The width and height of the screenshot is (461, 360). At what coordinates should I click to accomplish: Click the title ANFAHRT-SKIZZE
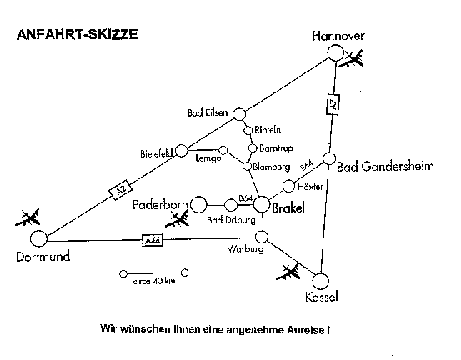tap(78, 34)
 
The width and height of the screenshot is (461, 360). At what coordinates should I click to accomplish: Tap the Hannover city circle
tap(335, 53)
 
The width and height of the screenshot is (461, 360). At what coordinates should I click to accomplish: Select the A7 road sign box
tap(333, 104)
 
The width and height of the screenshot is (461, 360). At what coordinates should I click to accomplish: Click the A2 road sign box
tap(121, 189)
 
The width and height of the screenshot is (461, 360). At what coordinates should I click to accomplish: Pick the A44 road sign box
tap(152, 241)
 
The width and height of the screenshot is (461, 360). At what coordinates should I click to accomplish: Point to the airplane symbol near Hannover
tap(352, 59)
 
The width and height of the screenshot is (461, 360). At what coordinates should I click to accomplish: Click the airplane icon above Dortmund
tap(28, 217)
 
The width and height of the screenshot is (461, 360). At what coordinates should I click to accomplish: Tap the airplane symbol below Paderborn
tap(177, 220)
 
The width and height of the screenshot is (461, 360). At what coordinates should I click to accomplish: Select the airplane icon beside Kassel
tap(288, 272)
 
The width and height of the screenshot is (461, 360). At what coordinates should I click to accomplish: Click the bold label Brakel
tap(288, 208)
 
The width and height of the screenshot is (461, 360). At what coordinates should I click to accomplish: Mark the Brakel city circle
tap(262, 204)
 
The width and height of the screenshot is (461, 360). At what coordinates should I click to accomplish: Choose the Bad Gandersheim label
tap(385, 167)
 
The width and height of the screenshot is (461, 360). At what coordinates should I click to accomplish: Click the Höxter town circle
tap(288, 186)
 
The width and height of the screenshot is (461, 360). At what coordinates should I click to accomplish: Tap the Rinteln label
tap(268, 130)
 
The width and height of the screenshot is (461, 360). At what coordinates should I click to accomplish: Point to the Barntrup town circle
tap(253, 148)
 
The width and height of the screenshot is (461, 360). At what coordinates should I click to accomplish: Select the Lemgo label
tap(208, 158)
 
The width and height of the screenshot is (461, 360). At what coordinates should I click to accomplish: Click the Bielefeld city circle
tap(182, 151)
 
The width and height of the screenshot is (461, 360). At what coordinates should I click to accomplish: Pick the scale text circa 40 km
tap(154, 281)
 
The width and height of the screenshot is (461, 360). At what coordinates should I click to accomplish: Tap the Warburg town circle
tap(262, 237)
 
